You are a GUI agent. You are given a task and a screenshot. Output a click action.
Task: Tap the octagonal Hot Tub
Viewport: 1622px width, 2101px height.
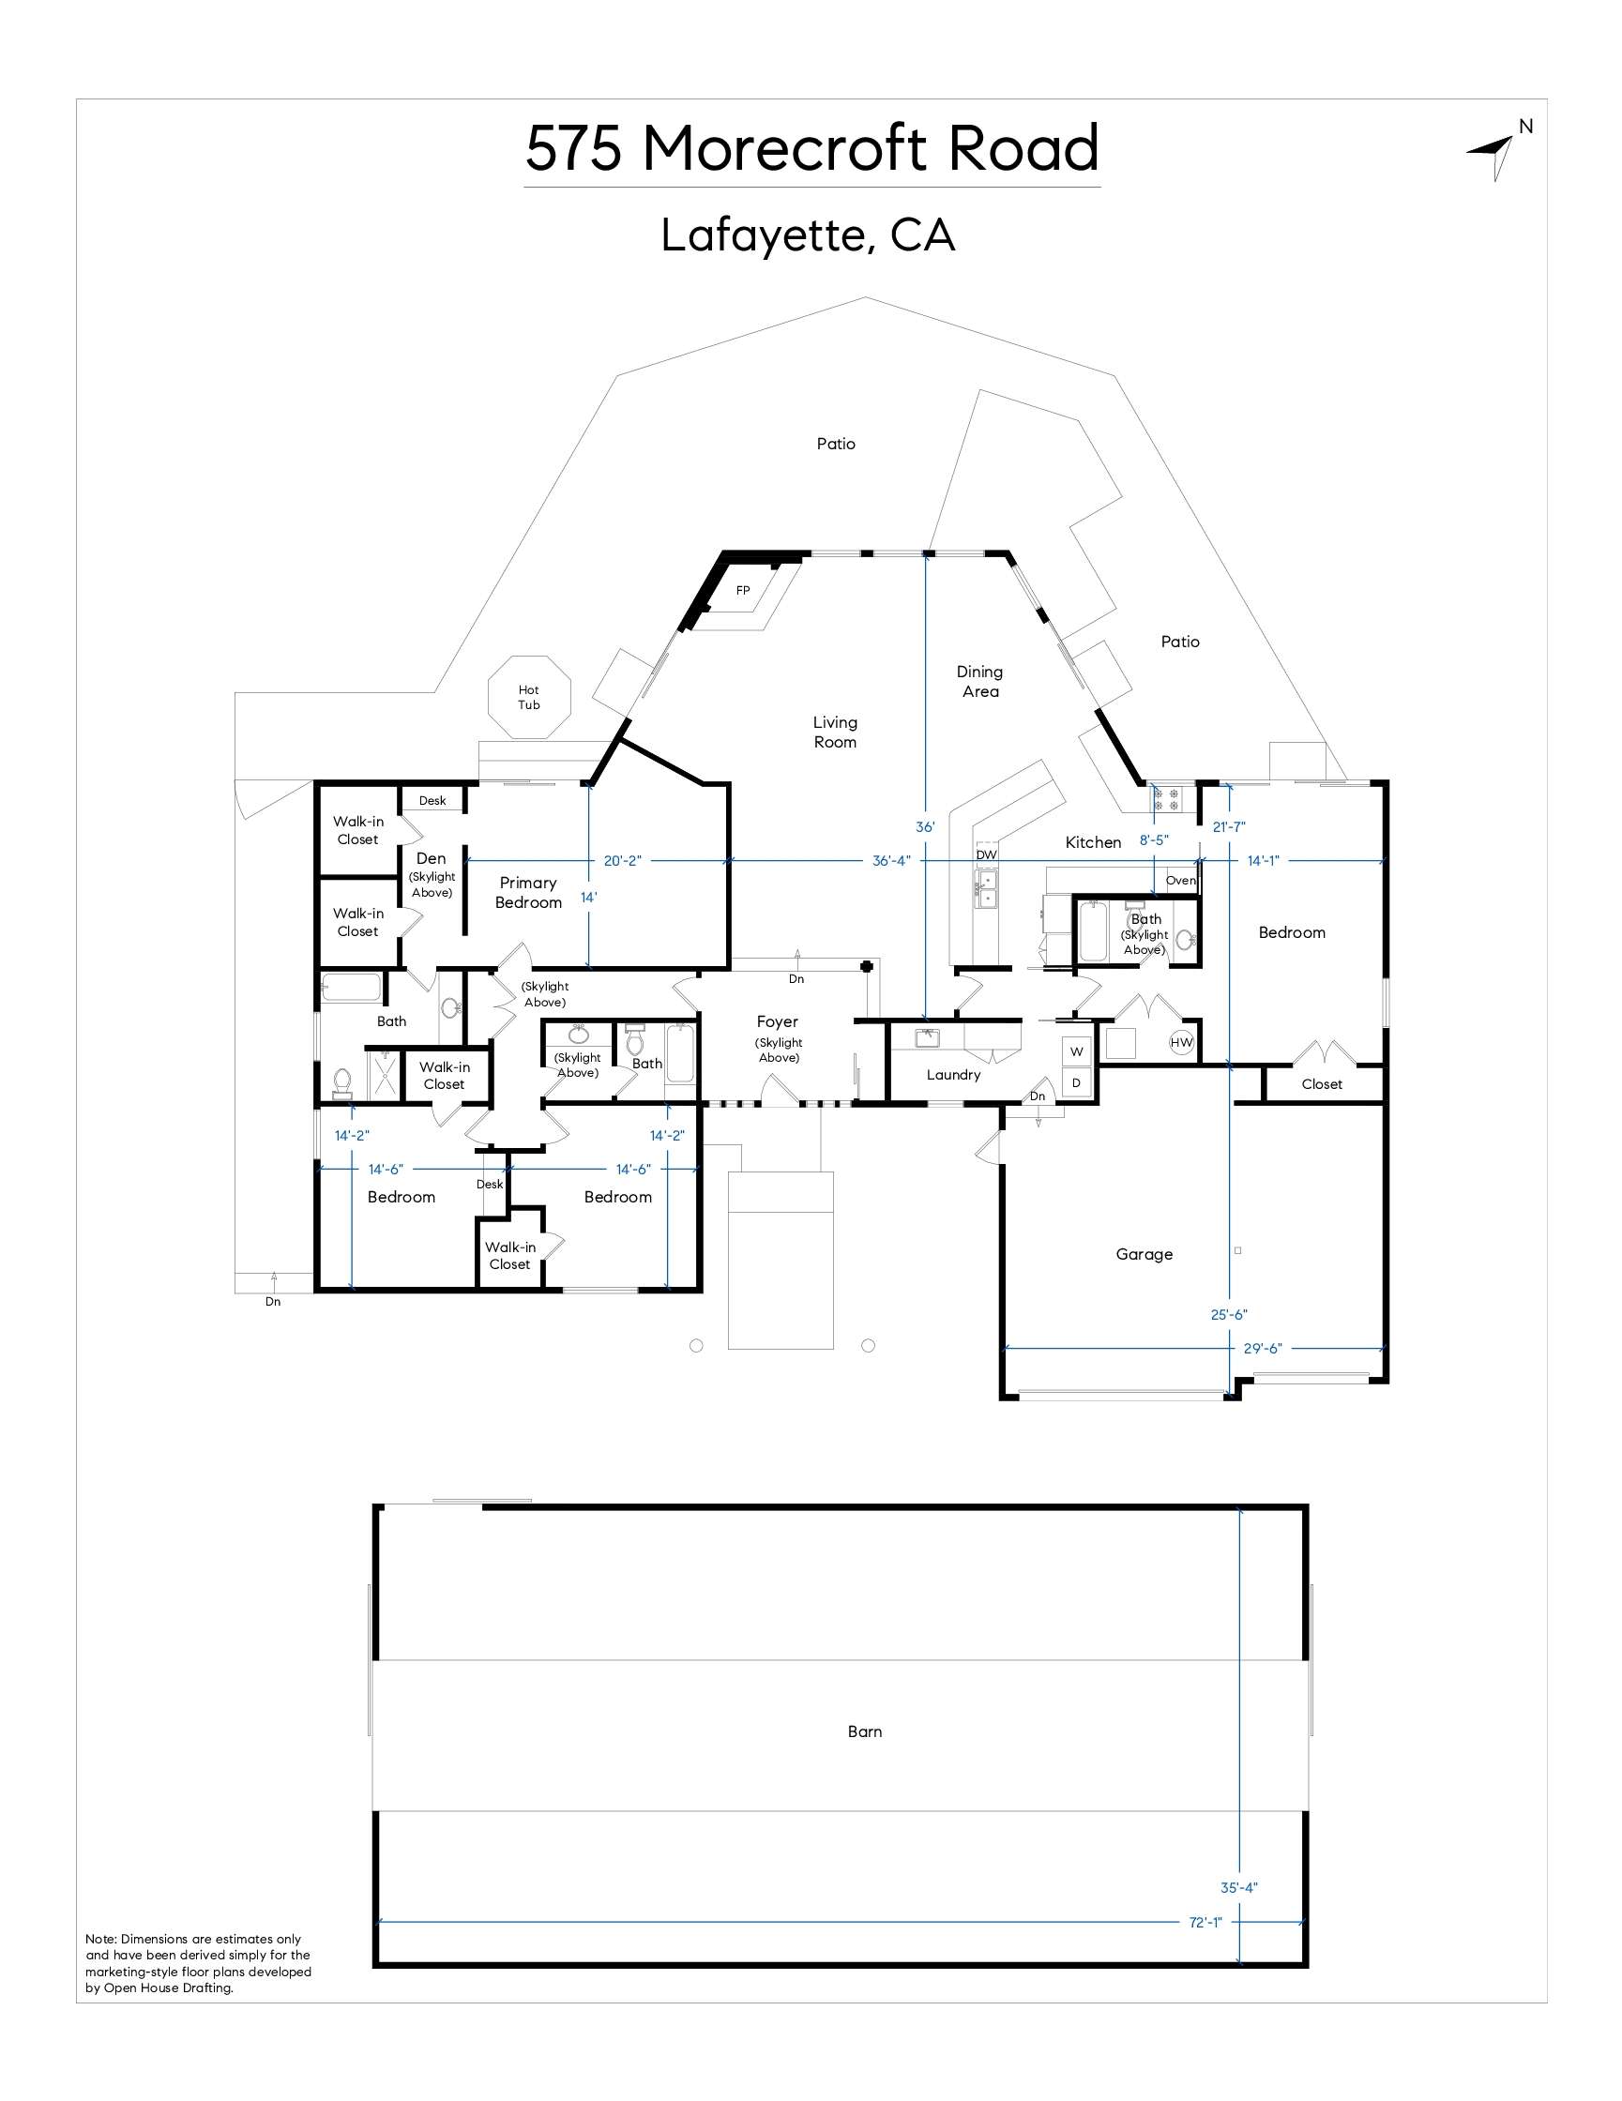(x=529, y=697)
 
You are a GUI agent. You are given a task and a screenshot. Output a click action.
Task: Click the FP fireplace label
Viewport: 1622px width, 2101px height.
(x=743, y=591)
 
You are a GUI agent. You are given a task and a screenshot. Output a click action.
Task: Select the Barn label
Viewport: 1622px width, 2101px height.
(x=864, y=1731)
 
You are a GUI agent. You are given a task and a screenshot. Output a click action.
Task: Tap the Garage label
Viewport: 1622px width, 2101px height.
(x=1144, y=1254)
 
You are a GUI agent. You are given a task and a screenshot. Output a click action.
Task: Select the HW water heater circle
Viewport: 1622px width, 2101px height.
(x=1181, y=1042)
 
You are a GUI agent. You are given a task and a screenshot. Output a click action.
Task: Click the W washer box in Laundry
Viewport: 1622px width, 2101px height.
(x=1077, y=1051)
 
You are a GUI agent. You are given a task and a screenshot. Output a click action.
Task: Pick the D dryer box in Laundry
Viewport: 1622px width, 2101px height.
(x=1077, y=1082)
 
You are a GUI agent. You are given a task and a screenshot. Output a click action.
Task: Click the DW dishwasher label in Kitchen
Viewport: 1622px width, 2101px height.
(x=986, y=854)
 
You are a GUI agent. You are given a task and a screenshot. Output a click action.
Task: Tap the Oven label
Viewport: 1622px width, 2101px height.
(x=1180, y=880)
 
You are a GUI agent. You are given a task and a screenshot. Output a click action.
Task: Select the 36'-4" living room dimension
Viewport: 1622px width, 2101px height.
(x=891, y=861)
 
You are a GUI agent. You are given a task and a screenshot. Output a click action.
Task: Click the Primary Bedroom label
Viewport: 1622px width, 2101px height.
(x=528, y=893)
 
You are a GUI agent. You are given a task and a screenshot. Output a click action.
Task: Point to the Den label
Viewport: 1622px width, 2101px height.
(x=431, y=858)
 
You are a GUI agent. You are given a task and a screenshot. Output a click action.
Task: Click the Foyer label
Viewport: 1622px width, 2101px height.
(x=778, y=1021)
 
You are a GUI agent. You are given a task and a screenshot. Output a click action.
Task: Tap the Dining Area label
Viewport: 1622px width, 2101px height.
(x=979, y=681)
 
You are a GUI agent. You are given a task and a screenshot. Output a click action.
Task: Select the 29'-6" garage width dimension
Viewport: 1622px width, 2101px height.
(x=1262, y=1349)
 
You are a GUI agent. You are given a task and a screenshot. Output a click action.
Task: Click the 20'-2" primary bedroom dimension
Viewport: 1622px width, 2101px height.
(x=621, y=861)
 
